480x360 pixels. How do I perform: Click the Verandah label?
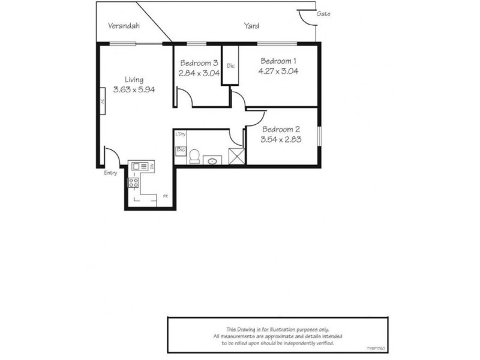[x=124, y=26]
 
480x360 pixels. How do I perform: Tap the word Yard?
[x=251, y=26]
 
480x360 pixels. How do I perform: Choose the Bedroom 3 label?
[x=199, y=63]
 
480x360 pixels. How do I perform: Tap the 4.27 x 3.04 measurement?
[x=278, y=70]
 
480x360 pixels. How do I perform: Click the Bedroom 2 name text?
[x=280, y=130]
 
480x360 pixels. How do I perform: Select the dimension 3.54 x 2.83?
[x=280, y=139]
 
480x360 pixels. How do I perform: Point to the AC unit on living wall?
[x=103, y=102]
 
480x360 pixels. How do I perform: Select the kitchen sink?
[x=140, y=166]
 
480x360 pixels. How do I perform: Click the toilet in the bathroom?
[x=194, y=156]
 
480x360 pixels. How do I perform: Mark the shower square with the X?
[x=236, y=157]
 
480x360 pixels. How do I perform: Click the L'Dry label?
[x=180, y=134]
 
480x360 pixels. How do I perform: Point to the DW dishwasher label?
[x=152, y=166]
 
